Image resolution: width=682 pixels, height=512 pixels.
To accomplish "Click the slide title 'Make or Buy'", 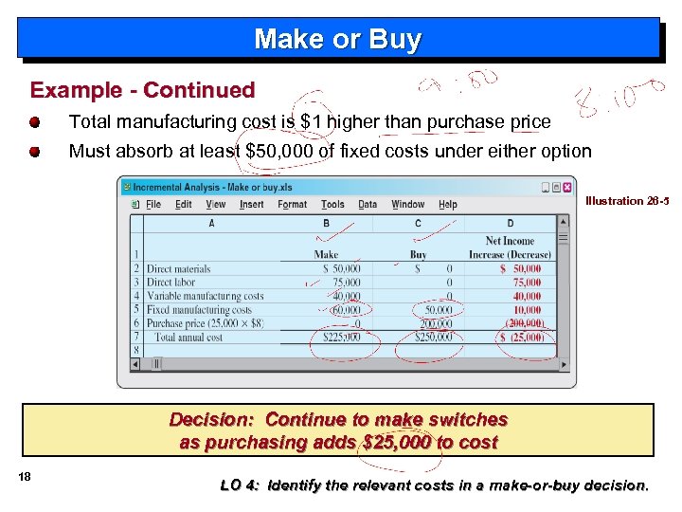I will click(337, 40).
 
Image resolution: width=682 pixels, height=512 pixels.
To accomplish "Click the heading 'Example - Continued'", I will click(142, 91).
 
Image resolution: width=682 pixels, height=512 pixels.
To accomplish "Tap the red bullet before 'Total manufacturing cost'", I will click(35, 122).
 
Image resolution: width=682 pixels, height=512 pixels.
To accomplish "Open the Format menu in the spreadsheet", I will click(292, 204).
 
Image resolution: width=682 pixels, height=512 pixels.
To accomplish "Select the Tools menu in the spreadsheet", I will click(332, 204).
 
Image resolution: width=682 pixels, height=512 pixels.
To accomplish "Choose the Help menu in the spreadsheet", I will click(447, 204).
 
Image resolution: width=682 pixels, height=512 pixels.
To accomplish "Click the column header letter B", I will click(326, 224).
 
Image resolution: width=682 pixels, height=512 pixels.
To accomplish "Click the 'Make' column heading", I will click(326, 254).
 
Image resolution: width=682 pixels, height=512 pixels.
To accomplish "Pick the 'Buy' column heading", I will click(418, 254).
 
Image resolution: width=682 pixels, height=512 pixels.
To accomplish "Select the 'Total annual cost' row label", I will click(188, 337).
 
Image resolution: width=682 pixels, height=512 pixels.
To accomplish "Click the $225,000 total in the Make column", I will click(342, 337).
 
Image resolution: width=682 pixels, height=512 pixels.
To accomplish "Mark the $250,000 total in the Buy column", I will click(431, 337).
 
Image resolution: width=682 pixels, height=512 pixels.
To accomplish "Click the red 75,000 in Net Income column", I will click(527, 283).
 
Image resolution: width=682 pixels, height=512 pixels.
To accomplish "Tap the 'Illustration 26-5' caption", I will click(626, 201).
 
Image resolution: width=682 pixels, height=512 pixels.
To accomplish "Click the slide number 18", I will click(24, 477).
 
